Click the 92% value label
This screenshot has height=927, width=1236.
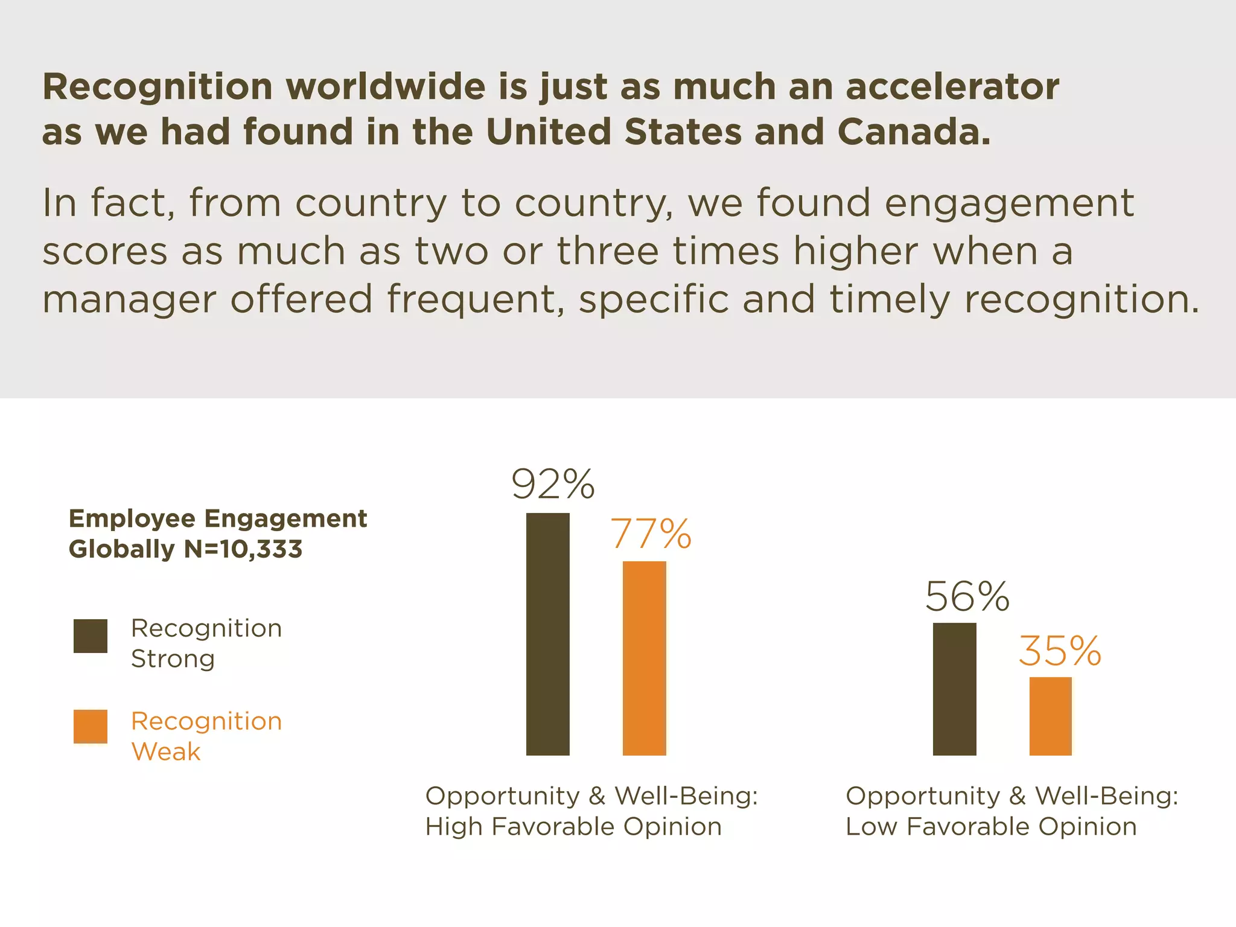point(553,484)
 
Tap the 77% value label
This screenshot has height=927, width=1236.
point(651,534)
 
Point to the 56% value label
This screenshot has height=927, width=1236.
point(967,597)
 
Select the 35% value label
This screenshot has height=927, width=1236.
point(1060,652)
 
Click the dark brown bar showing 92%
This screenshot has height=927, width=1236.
point(548,634)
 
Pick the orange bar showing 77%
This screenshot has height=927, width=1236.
point(645,658)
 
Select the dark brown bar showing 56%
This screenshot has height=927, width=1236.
point(954,689)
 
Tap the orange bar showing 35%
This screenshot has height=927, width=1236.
point(1051,716)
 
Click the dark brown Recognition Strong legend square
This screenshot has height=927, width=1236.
point(91,636)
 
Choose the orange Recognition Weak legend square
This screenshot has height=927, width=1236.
point(91,726)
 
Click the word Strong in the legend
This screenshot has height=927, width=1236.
point(173,658)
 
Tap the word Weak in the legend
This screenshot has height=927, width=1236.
point(166,751)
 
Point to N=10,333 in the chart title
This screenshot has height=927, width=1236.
point(243,549)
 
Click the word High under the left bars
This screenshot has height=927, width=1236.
point(453,826)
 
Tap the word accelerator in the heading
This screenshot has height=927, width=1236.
point(952,86)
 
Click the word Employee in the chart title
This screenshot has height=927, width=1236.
point(132,518)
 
